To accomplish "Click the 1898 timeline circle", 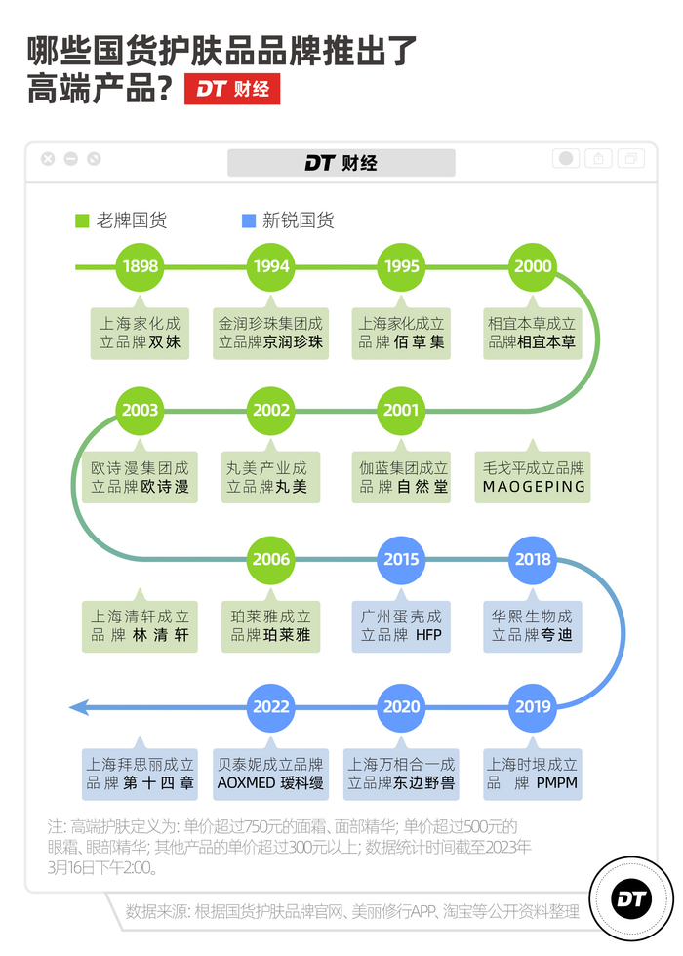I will (x=141, y=266).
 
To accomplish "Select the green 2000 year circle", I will (x=533, y=266).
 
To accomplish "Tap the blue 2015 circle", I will (x=401, y=560).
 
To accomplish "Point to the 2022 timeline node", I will (x=271, y=707).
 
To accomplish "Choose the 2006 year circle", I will (x=271, y=560).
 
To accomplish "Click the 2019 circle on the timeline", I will (x=533, y=707).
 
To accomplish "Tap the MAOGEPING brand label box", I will (x=534, y=477).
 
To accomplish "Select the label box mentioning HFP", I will (x=401, y=626).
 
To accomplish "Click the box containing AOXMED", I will (x=270, y=774).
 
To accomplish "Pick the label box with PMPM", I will (x=533, y=774).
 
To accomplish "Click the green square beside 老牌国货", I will (x=83, y=220).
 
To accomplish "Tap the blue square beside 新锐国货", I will (x=249, y=220).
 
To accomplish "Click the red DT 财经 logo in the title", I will (x=232, y=89).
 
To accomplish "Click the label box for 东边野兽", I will (x=401, y=774).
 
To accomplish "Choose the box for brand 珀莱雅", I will (x=270, y=626).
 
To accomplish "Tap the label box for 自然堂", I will (x=401, y=477).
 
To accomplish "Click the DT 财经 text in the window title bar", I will (x=341, y=163).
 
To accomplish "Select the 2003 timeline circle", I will (x=141, y=411).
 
